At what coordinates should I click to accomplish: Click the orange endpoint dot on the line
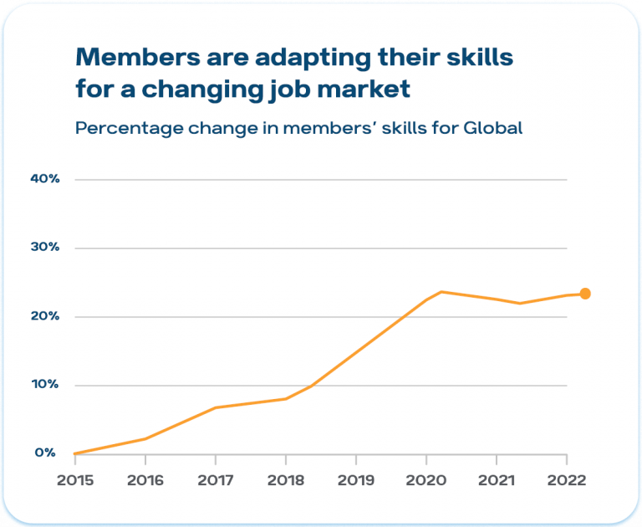pos(585,294)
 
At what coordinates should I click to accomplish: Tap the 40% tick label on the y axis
pos(43,179)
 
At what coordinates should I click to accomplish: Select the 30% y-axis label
pos(43,248)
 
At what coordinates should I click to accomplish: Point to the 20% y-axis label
pos(43,316)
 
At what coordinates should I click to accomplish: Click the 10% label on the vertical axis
pos(43,385)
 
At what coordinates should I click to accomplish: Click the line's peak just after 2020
pos(441,292)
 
